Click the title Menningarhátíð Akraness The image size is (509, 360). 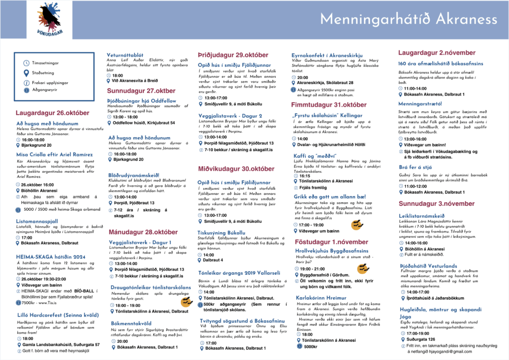(x=408, y=20)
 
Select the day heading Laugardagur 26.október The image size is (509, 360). (x=53, y=113)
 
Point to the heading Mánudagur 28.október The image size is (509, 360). (x=143, y=232)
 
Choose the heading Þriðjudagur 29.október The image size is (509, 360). (x=233, y=55)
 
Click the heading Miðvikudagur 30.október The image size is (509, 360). (x=236, y=169)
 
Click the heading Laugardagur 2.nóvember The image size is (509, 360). (x=436, y=53)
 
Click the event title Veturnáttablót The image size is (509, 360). (x=125, y=55)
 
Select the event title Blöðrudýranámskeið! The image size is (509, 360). (x=134, y=175)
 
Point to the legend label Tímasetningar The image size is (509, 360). (x=45, y=63)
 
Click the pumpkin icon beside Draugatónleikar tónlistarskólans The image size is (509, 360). (x=186, y=302)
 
